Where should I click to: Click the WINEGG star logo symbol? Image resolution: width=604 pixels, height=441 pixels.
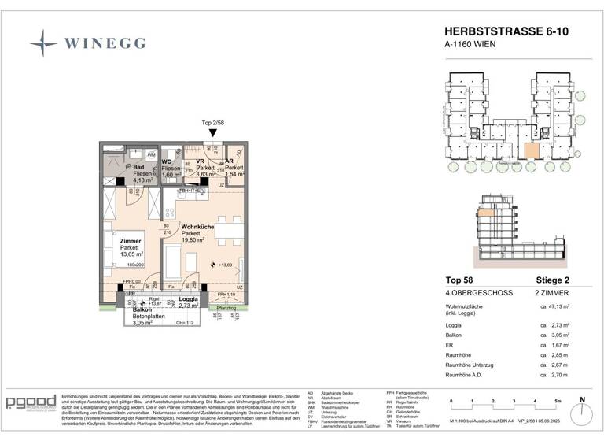43,43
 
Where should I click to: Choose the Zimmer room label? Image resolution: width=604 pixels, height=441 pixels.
131,240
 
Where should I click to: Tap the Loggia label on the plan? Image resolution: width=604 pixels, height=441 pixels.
188,299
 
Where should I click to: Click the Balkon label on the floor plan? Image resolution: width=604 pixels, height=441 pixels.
131,310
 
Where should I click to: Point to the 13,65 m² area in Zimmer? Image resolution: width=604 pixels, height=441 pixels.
131,255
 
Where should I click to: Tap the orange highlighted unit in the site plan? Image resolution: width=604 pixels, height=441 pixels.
532,152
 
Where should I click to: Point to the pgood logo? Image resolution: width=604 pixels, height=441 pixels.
31,402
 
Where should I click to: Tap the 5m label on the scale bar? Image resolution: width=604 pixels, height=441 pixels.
555,401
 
